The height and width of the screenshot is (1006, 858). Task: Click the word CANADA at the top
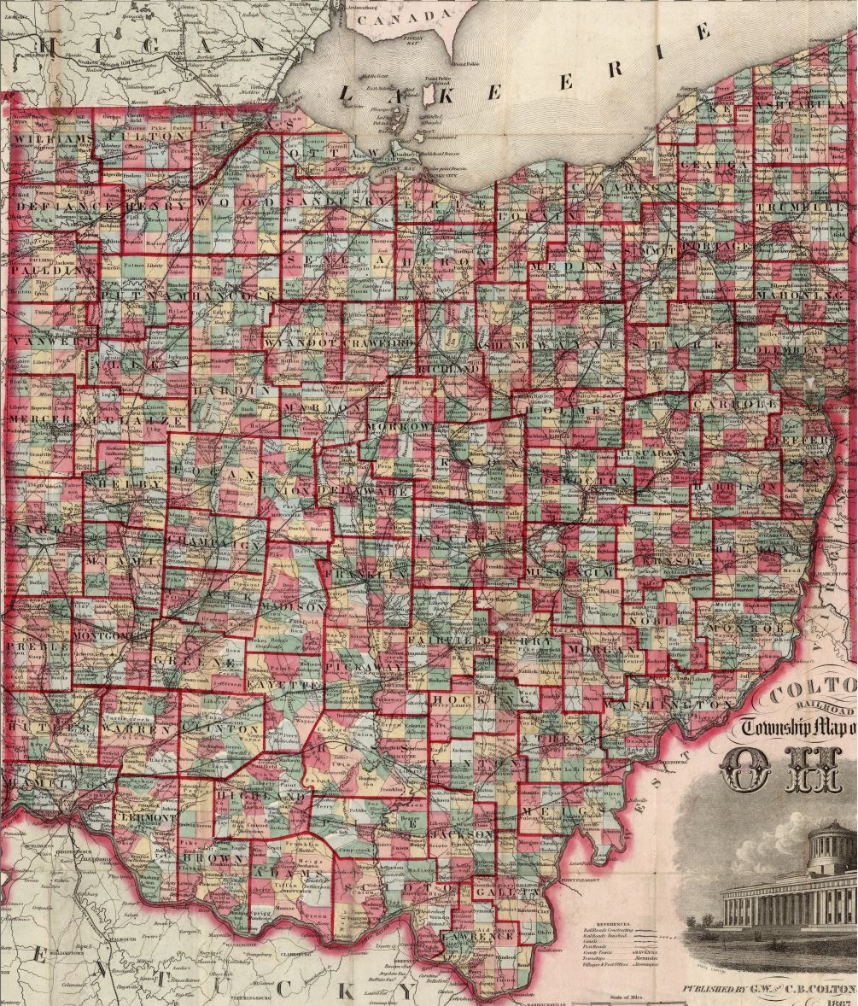click(400, 17)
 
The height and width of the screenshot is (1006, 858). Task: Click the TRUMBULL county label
click(803, 208)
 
